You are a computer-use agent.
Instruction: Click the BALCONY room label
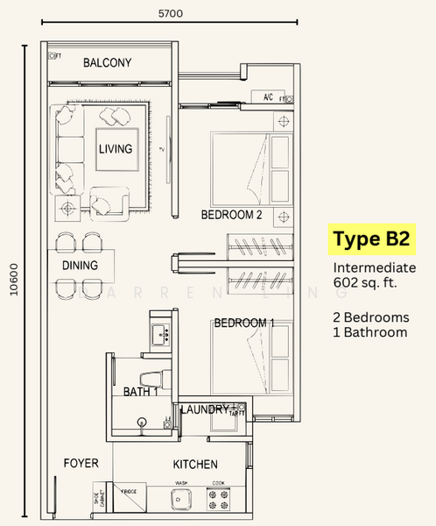pos(107,62)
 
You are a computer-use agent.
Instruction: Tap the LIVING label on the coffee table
pos(116,149)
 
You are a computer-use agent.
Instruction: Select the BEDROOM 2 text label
pos(232,215)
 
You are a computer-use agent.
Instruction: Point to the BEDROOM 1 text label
pos(244,323)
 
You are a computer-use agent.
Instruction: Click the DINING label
pos(80,265)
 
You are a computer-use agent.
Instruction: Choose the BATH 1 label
pos(139,391)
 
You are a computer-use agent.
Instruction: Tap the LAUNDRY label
pos(205,409)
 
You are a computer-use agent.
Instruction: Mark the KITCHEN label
pos(195,464)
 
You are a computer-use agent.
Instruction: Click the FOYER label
pos(81,463)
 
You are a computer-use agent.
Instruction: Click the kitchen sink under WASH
pos(180,500)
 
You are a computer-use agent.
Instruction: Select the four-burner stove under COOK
pos(218,500)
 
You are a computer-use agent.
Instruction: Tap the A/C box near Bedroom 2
pos(267,97)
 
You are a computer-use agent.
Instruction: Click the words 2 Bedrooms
pos(369,316)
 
